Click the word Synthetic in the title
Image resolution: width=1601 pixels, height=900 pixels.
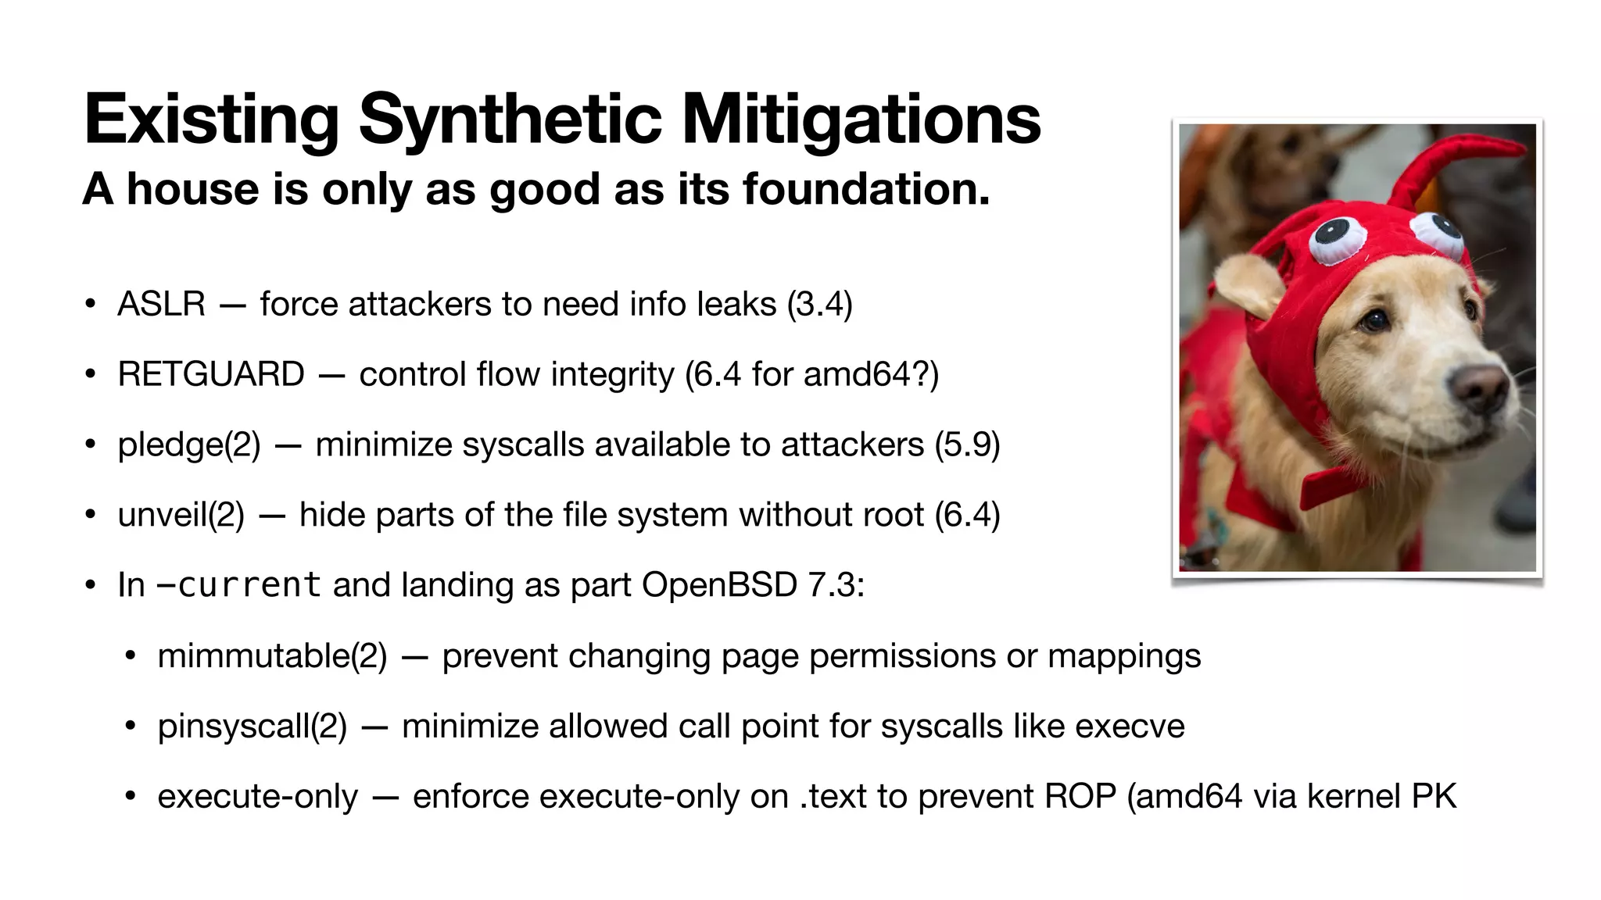tap(510, 120)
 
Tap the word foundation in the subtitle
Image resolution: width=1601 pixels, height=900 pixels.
tap(865, 189)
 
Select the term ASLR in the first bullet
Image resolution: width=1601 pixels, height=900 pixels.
tap(161, 304)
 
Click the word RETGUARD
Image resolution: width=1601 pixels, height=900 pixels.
tap(211, 374)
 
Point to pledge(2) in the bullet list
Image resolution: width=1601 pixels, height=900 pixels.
tap(189, 445)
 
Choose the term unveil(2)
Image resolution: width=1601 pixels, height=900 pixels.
tap(181, 515)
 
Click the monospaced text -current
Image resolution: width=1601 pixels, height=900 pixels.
tap(239, 585)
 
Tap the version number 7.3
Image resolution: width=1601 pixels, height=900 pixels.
tap(831, 585)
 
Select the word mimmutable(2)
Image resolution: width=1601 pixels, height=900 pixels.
tap(272, 655)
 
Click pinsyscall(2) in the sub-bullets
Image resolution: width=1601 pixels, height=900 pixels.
tap(252, 726)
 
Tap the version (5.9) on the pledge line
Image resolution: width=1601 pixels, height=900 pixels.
tap(967, 445)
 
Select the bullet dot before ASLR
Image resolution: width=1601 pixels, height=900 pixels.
tap(91, 304)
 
